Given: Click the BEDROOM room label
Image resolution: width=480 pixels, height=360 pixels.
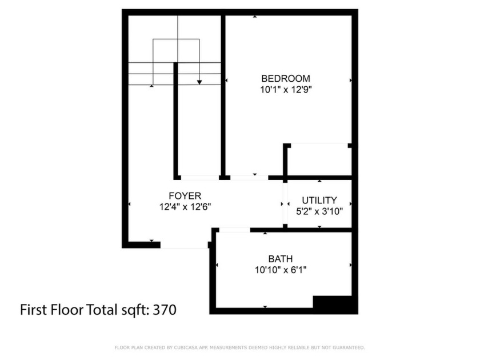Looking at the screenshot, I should [286, 78].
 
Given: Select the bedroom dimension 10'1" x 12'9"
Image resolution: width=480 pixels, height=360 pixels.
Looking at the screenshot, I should [286, 89].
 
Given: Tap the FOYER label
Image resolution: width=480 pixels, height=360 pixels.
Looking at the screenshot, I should [185, 196].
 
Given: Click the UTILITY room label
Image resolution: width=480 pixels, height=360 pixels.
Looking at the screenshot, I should [319, 201].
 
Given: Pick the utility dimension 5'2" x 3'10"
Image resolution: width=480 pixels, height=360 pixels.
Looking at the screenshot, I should [319, 211].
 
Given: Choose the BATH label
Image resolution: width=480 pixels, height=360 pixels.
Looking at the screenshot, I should [281, 258].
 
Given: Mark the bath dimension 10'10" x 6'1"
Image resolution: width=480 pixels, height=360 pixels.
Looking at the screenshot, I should [281, 269].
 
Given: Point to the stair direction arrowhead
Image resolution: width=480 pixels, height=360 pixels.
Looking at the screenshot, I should [199, 82].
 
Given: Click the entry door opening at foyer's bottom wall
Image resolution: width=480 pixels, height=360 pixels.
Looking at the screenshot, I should [183, 245].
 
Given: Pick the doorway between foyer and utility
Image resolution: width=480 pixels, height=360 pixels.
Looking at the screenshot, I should [284, 205].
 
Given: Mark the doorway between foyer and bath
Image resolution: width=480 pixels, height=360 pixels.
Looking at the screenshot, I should [234, 230].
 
